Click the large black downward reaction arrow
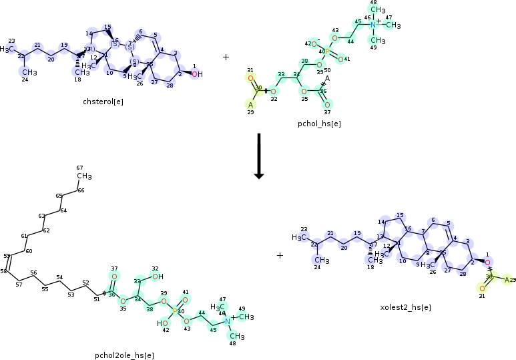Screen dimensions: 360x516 [258, 156]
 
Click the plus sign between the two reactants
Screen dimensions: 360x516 [226, 57]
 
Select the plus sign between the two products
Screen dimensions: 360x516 [280, 255]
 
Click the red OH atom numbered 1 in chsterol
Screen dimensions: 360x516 [196, 74]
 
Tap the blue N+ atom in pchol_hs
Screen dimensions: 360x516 [374, 25]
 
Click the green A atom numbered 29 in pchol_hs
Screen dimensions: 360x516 [251, 105]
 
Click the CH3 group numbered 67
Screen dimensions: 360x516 [83, 176]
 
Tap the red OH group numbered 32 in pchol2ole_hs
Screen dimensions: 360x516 [157, 277]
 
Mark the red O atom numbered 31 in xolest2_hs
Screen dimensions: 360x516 [481, 289]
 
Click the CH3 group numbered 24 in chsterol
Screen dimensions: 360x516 [27, 72]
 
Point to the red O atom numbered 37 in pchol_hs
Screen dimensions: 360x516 [327, 105]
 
